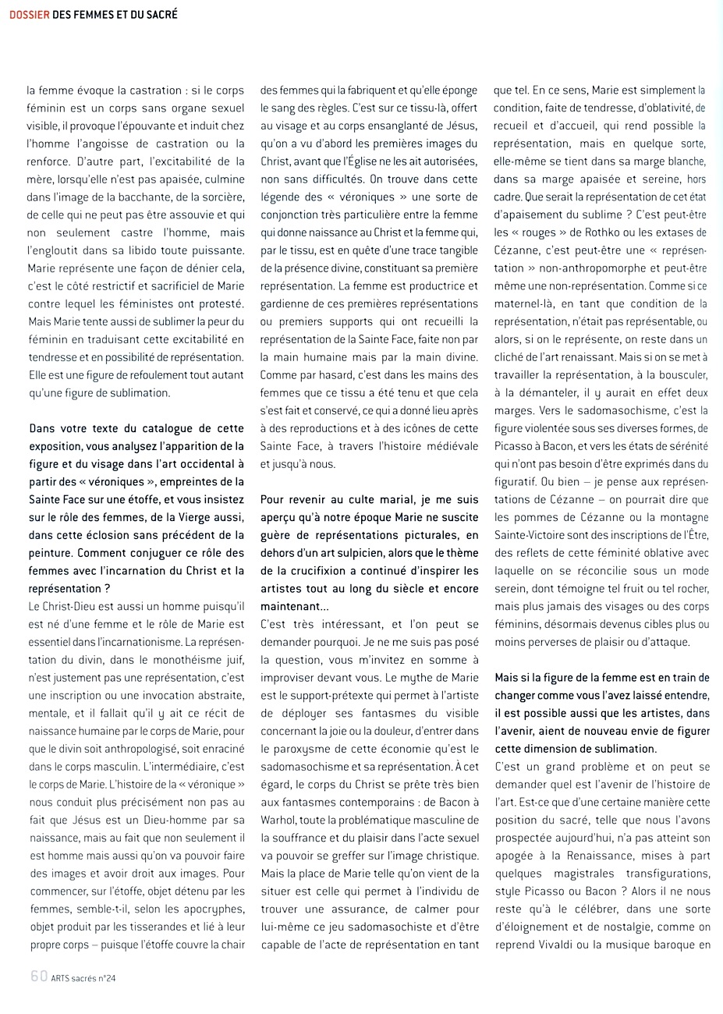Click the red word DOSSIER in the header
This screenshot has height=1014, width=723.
[30, 14]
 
